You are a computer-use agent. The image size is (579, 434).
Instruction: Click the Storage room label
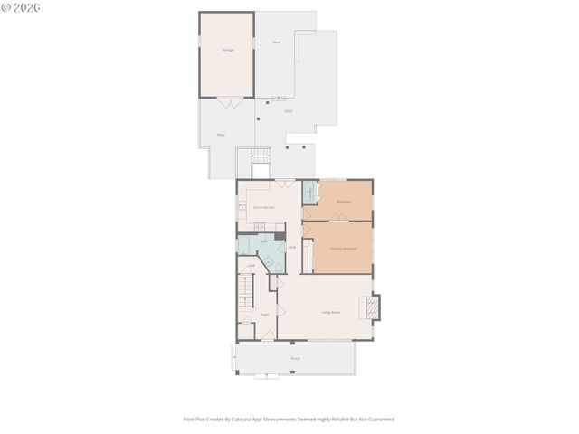click(227, 50)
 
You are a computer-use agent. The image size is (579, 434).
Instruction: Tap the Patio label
click(221, 135)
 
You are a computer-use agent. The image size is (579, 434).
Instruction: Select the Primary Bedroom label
click(343, 248)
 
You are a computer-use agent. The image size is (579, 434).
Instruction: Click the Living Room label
click(330, 312)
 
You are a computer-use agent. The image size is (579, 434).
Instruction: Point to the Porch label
click(295, 359)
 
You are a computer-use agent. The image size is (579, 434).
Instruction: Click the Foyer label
click(264, 314)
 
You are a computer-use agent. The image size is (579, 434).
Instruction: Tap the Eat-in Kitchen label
click(263, 208)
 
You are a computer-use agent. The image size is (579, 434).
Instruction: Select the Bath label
click(263, 241)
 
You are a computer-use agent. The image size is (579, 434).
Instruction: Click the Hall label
click(292, 247)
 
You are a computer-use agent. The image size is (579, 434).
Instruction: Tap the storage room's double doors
click(234, 102)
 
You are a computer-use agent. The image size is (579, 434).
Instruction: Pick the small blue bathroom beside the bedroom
click(308, 193)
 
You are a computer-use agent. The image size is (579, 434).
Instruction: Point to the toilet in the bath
click(270, 263)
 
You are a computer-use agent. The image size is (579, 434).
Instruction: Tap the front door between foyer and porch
click(268, 337)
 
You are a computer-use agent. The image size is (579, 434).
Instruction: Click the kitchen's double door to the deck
click(286, 184)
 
